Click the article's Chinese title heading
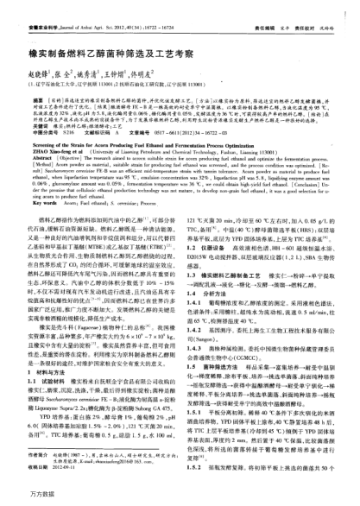tap(99, 52)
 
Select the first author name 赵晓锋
tap(30, 75)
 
